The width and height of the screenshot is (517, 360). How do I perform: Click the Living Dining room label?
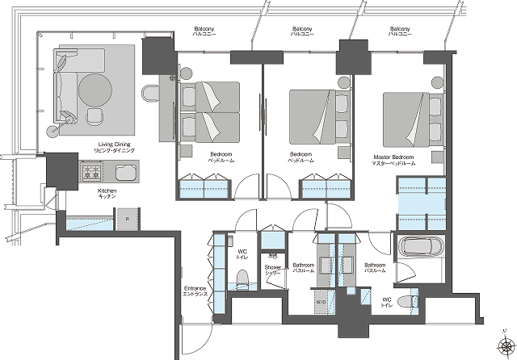point(111,147)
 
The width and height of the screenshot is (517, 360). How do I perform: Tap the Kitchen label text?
point(107,194)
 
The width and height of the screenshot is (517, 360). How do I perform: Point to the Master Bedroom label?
point(393,159)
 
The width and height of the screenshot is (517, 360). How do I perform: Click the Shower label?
point(273,270)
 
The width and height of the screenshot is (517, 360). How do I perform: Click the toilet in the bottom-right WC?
point(413,302)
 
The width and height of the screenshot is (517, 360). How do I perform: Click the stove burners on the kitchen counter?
point(90,172)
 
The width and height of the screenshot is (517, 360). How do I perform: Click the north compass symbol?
point(504,342)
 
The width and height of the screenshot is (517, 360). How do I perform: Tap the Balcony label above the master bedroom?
point(400,31)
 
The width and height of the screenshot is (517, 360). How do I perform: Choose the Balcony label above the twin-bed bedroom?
point(203,31)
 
